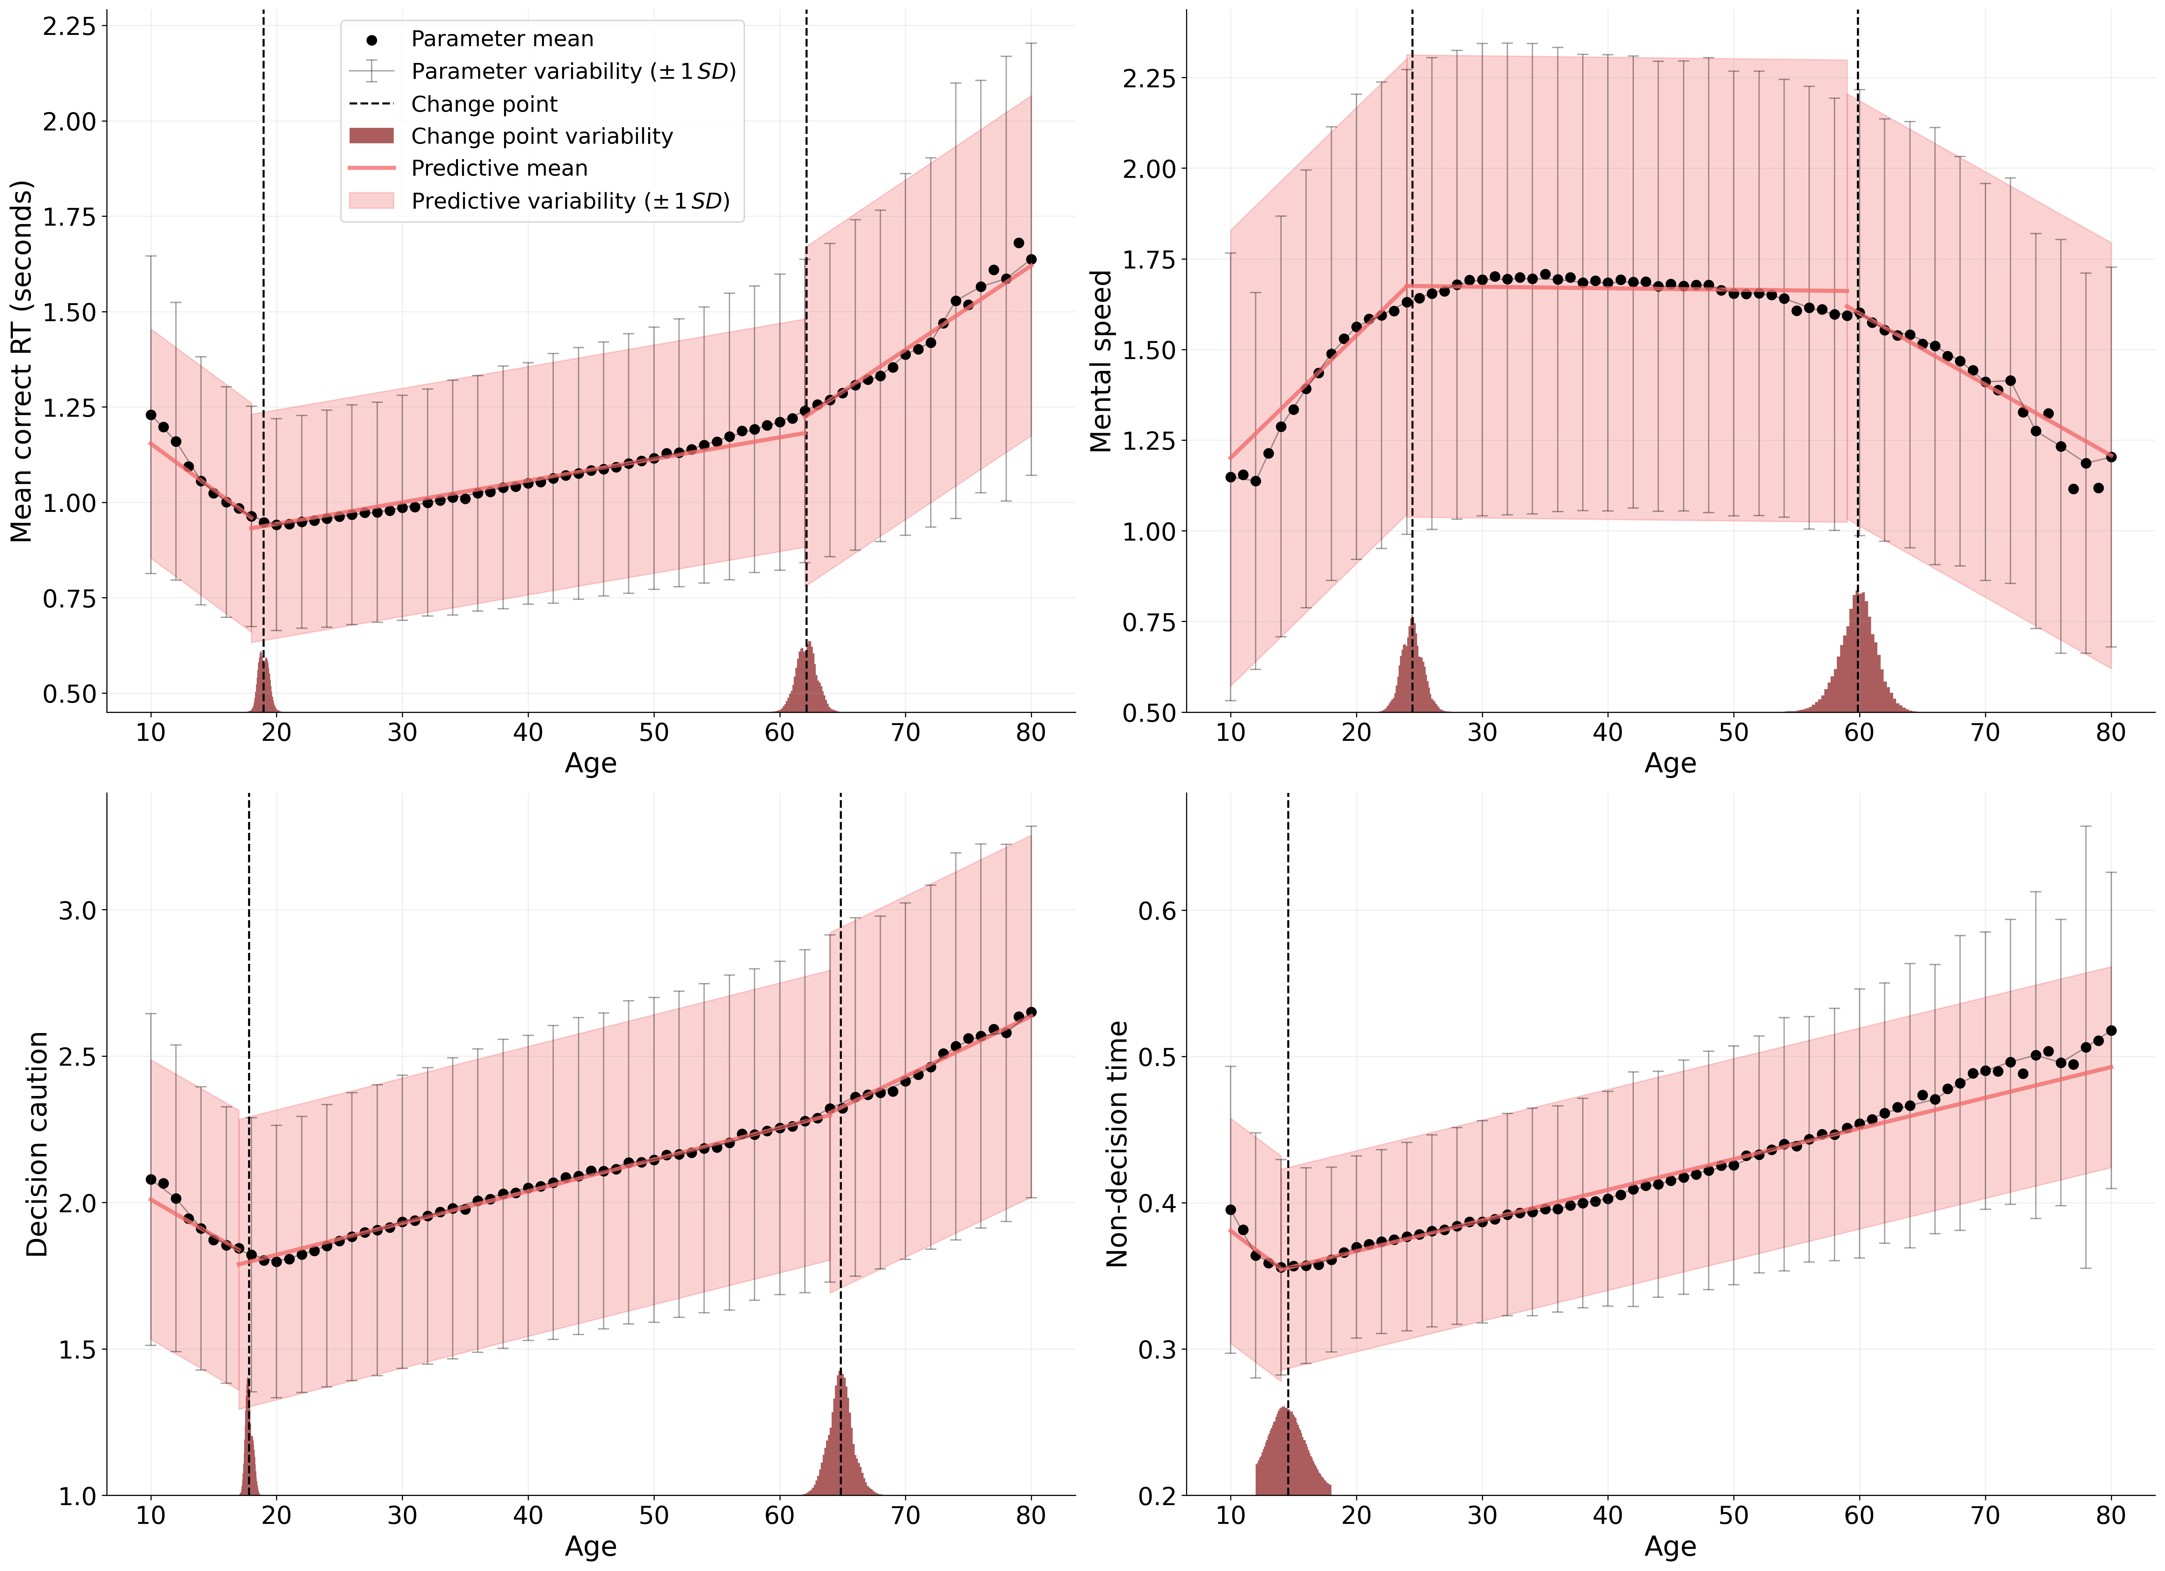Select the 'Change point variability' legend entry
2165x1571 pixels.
pyautogui.click(x=541, y=136)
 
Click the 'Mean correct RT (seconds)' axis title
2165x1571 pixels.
pyautogui.click(x=21, y=361)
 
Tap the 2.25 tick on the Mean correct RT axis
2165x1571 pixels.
pyautogui.click(x=69, y=26)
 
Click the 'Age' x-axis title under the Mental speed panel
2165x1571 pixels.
pyautogui.click(x=1669, y=764)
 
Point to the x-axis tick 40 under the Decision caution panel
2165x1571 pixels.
pyautogui.click(x=528, y=1516)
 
